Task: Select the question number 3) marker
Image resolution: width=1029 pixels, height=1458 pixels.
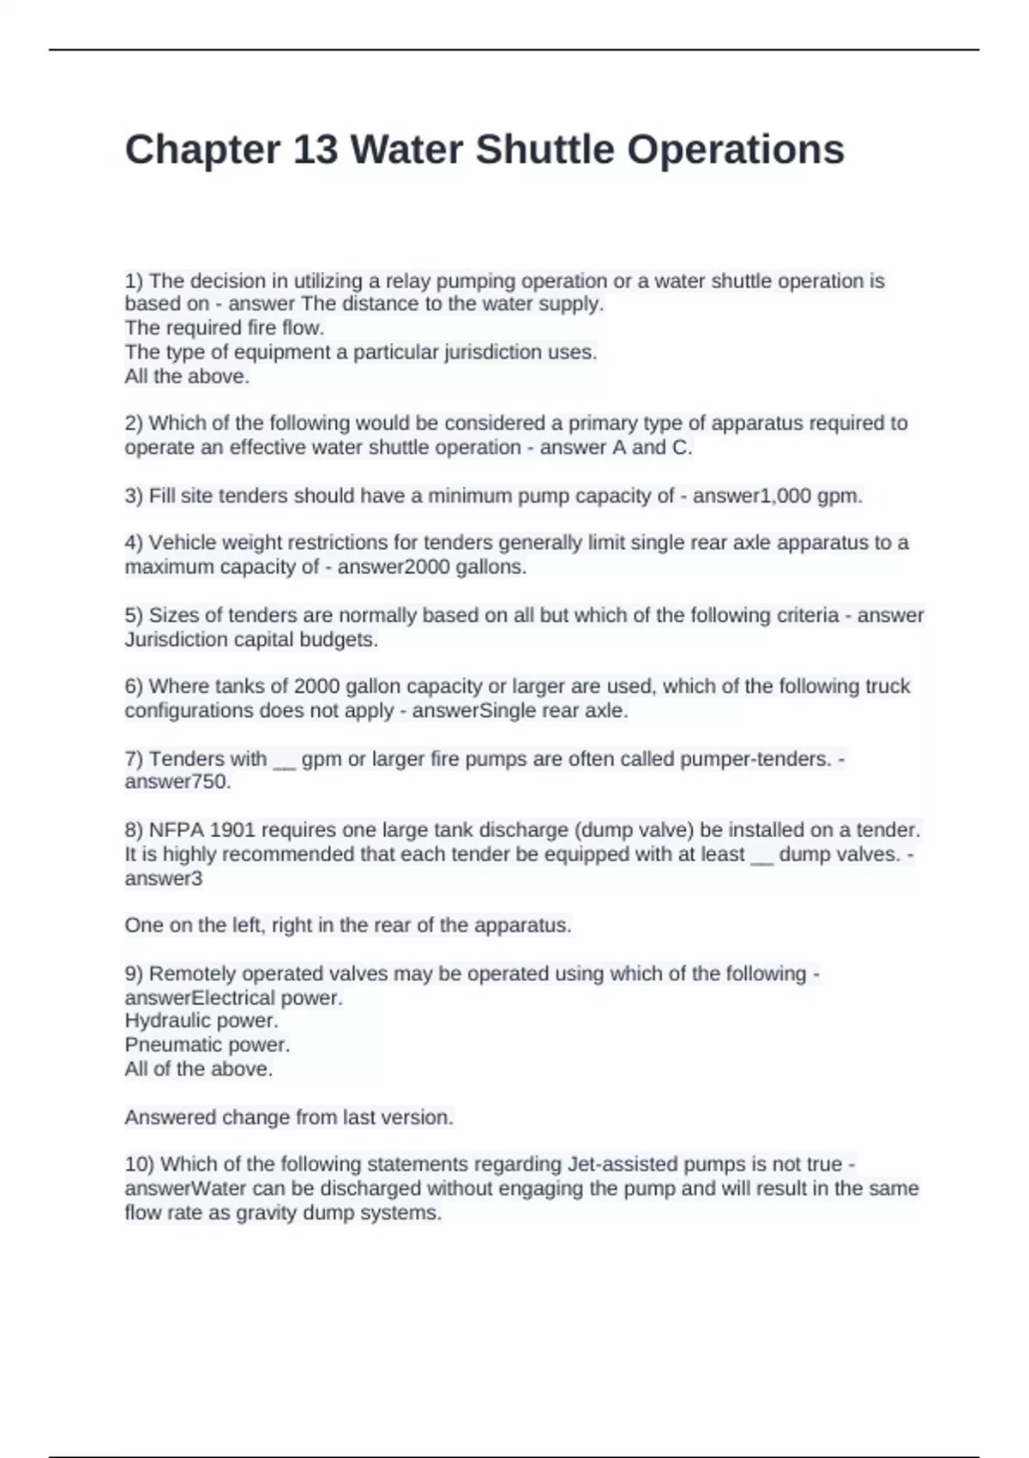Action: click(134, 496)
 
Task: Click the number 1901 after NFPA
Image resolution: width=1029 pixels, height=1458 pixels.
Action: click(233, 830)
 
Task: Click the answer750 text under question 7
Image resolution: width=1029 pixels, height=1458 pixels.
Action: click(178, 782)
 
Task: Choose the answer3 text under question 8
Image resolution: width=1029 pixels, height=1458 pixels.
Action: click(164, 878)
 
